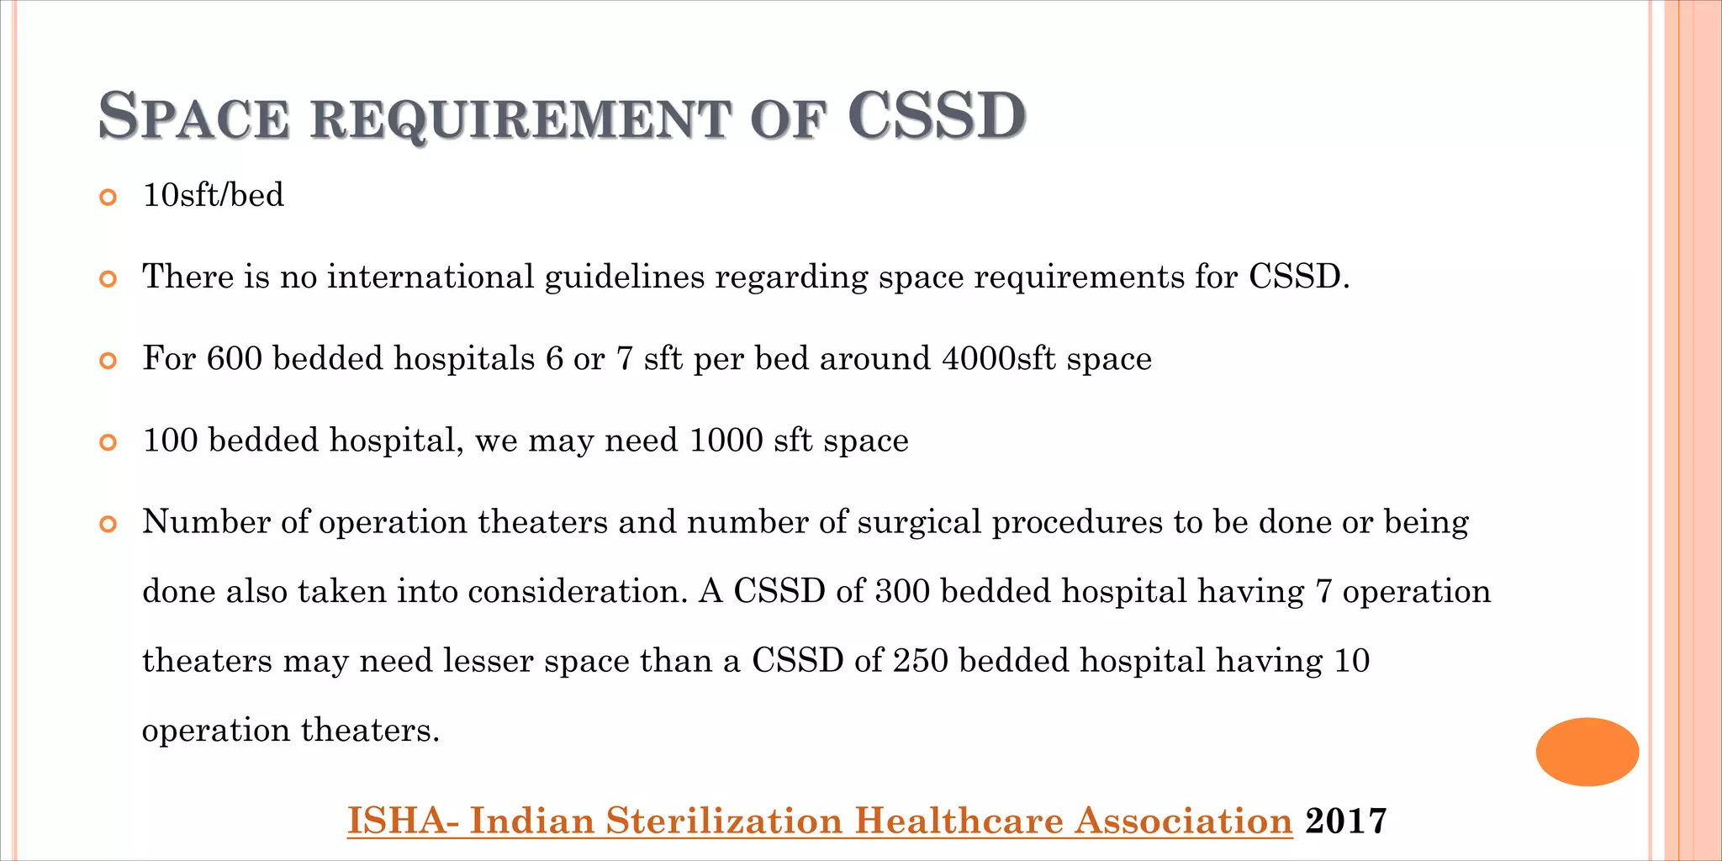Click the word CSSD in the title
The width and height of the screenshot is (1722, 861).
click(x=937, y=116)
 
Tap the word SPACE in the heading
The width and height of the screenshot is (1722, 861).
click(x=194, y=116)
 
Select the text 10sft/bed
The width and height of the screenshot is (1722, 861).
click(x=214, y=195)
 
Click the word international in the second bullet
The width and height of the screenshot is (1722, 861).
click(x=430, y=277)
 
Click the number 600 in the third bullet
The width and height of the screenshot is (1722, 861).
click(x=234, y=358)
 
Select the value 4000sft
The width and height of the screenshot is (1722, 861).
click(x=998, y=358)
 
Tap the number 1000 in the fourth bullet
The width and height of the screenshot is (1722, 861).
click(x=726, y=441)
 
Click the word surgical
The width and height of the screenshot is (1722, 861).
click(x=920, y=522)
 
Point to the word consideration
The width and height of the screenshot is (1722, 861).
click(x=578, y=591)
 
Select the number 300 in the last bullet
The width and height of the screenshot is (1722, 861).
click(x=902, y=591)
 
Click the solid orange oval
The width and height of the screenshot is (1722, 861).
click(x=1587, y=752)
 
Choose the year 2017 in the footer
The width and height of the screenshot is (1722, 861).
click(x=1345, y=821)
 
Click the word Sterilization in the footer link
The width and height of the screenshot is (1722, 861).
click(x=724, y=821)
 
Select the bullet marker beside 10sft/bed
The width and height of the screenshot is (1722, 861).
click(x=108, y=198)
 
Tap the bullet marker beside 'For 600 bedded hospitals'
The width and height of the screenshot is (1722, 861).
click(x=108, y=362)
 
